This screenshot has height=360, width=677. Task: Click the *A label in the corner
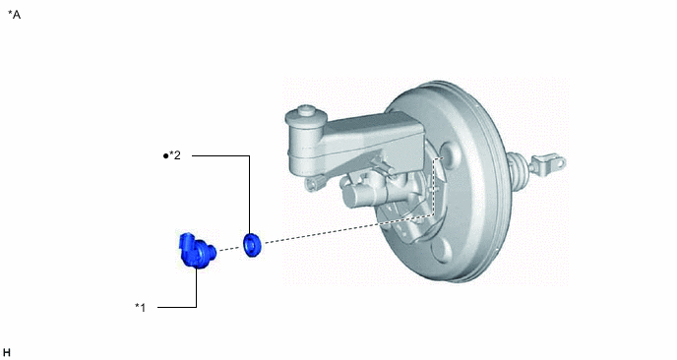click(x=14, y=15)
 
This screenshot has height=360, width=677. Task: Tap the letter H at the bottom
click(x=6, y=353)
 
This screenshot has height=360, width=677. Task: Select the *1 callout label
click(x=141, y=307)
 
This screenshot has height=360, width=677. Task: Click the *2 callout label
click(x=175, y=155)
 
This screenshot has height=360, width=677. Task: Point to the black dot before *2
click(x=165, y=155)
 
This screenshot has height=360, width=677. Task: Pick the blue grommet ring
click(x=252, y=245)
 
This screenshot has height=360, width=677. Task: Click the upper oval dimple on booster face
click(x=452, y=154)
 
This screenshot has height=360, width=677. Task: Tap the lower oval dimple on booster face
click(x=441, y=251)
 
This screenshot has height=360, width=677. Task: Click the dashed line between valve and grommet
click(x=229, y=248)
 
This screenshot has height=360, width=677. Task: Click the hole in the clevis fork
click(x=560, y=162)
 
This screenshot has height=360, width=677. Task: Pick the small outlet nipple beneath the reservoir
click(x=313, y=184)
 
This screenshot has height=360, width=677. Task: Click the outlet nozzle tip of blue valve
click(x=212, y=251)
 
